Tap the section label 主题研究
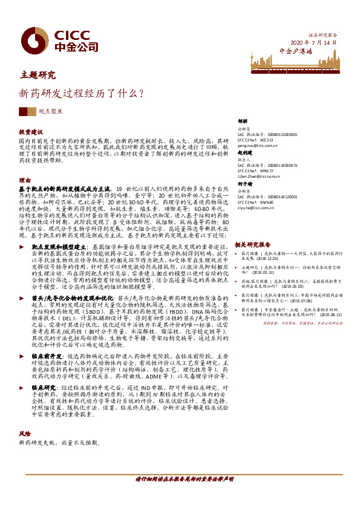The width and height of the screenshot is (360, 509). pyautogui.click(x=38, y=76)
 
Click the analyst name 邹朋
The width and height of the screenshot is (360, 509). pyautogui.click(x=243, y=121)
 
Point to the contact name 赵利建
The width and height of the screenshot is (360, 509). pyautogui.click(x=244, y=154)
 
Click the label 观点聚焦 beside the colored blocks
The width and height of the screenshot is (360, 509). pyautogui.click(x=50, y=111)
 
